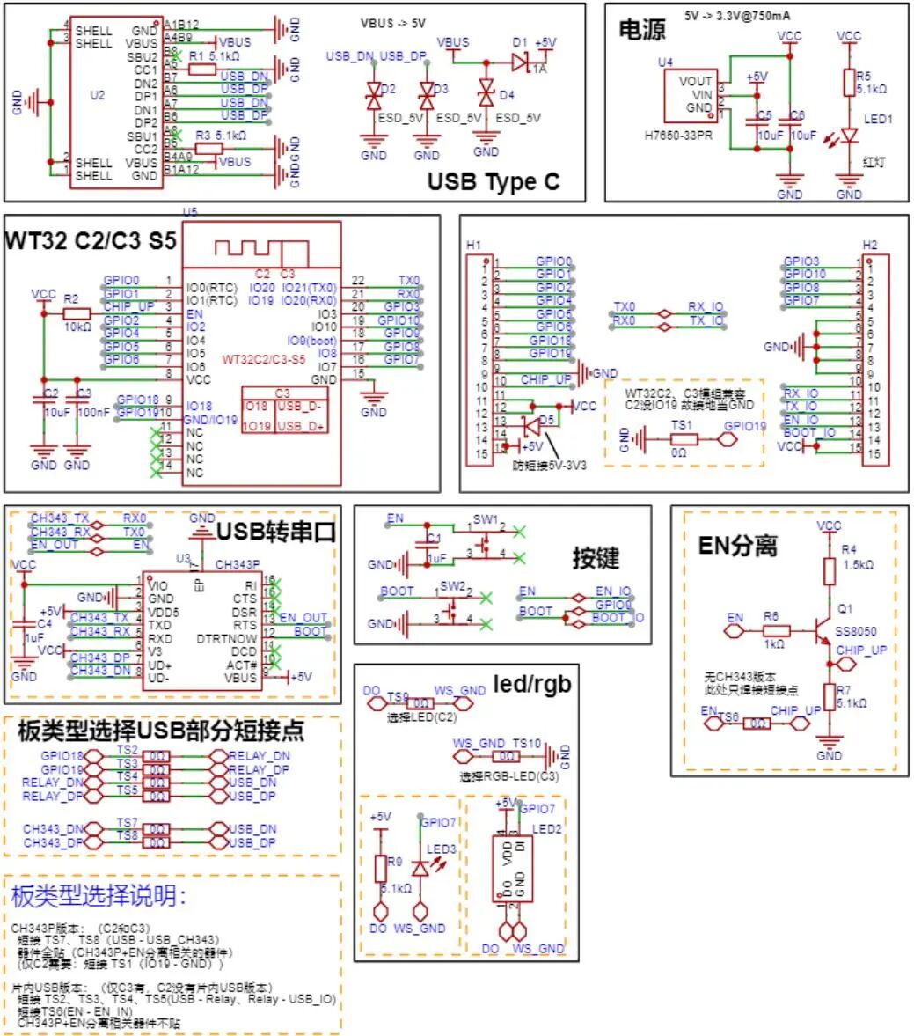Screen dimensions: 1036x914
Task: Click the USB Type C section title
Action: coord(493,182)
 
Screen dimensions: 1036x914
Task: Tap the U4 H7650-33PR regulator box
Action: coord(691,94)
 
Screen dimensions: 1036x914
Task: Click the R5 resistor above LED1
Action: coord(849,83)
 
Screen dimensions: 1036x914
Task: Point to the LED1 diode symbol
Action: coord(849,136)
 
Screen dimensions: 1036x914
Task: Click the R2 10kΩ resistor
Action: coord(77,313)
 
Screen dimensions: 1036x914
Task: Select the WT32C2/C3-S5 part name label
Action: coord(264,359)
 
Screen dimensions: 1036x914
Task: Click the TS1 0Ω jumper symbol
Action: coord(679,438)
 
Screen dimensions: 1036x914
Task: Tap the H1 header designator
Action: coord(474,245)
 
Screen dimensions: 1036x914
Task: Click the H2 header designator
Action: coord(869,245)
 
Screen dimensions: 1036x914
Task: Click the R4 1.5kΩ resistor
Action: coord(829,571)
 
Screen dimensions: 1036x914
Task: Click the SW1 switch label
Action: coord(485,519)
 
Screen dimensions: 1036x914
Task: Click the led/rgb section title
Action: coord(531,683)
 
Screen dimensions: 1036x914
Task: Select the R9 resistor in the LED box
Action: coord(381,868)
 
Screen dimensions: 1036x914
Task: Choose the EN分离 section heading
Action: coord(738,546)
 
